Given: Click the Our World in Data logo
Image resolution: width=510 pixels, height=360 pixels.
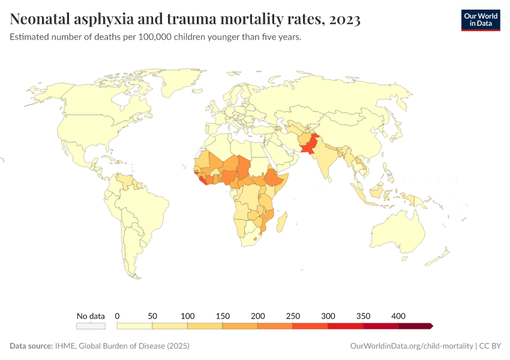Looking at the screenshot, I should tap(481, 20).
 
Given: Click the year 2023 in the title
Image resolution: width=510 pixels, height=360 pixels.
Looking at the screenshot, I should tap(344, 19).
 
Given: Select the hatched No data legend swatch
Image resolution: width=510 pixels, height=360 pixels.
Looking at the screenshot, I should tap(91, 326).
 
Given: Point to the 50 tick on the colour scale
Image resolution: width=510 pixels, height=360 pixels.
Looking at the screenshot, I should tap(152, 316).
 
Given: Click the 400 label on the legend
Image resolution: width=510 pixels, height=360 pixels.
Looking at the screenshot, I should tap(398, 316).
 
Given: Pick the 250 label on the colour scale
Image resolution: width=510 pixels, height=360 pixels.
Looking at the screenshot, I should tap(293, 316).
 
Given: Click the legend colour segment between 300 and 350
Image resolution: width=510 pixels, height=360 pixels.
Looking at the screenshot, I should tap(346, 326).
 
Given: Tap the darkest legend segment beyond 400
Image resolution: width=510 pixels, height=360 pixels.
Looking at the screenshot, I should tap(415, 326).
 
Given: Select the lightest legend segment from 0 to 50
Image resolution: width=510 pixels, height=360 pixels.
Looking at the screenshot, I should tap(134, 326).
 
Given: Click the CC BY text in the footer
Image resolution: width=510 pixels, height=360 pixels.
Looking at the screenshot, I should tap(490, 346).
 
